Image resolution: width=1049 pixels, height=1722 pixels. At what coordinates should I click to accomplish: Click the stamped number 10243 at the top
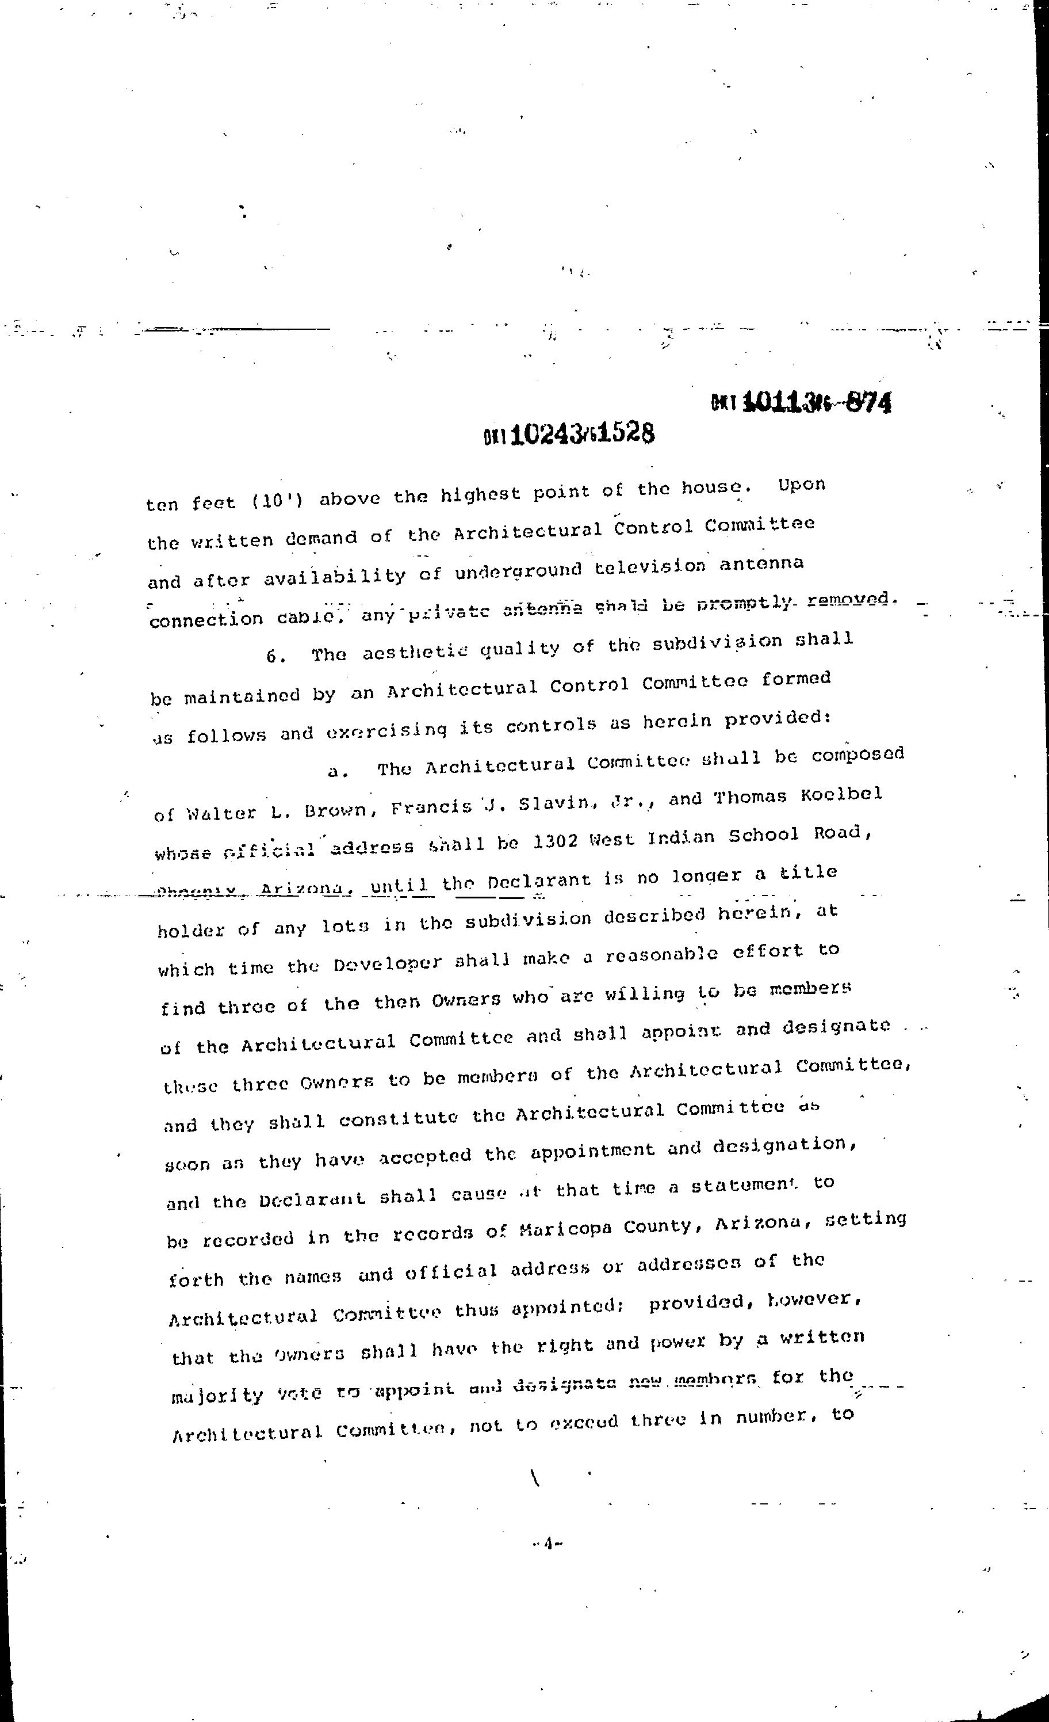pyautogui.click(x=548, y=435)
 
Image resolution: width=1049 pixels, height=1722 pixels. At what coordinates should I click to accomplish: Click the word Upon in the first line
pyautogui.click(x=802, y=485)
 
